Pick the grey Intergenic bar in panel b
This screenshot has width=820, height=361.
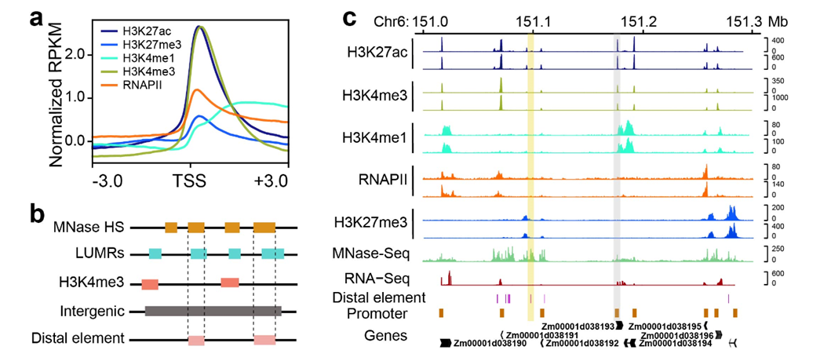coord(213,311)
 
